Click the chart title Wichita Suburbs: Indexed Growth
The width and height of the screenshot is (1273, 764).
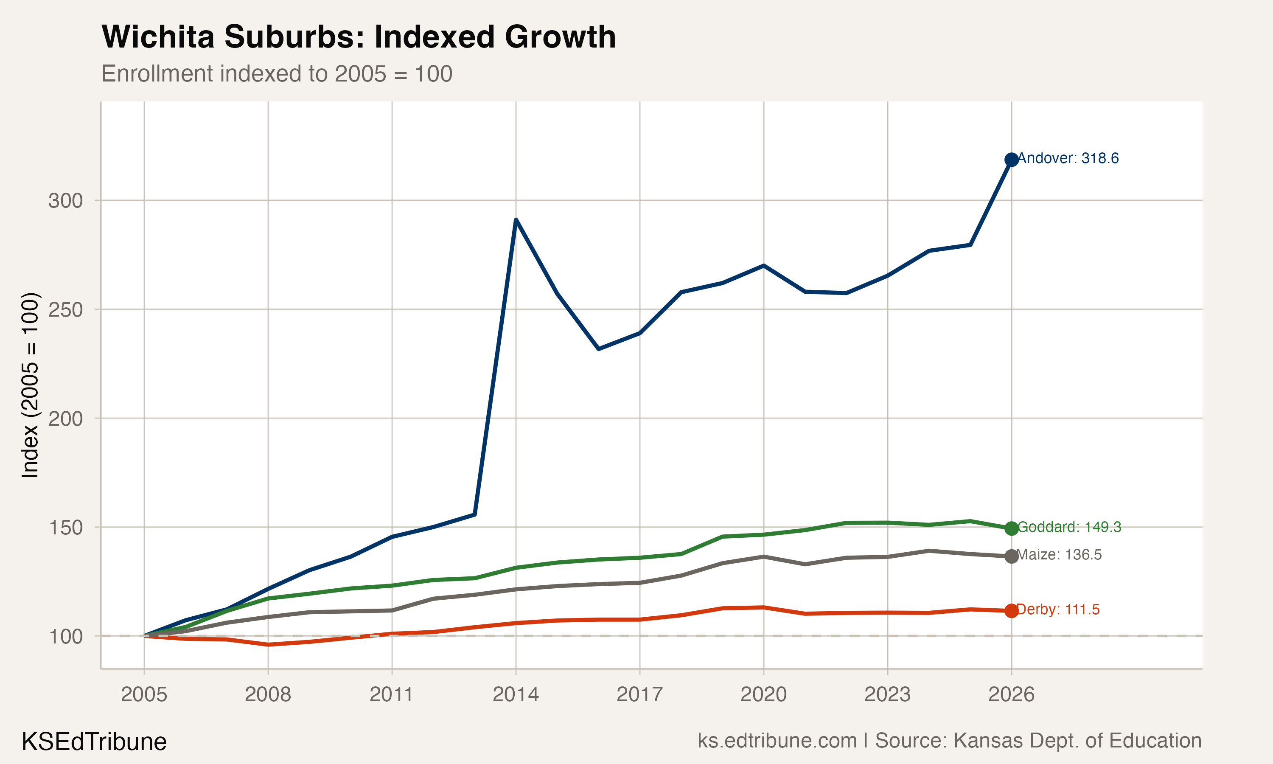click(x=359, y=37)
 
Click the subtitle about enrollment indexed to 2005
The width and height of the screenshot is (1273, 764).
click(x=277, y=73)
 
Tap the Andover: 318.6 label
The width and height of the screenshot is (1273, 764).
click(x=1068, y=158)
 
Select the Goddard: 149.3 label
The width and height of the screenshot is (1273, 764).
click(x=1069, y=527)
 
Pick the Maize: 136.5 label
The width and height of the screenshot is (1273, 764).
click(x=1060, y=555)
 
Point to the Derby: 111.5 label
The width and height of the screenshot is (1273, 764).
click(x=1058, y=610)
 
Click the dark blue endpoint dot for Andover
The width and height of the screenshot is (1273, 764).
click(x=1011, y=160)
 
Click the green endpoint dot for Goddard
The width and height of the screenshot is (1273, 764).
click(x=1011, y=528)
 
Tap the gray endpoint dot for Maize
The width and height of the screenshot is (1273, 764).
click(x=1011, y=556)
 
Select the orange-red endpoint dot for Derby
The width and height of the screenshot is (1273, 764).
click(x=1011, y=611)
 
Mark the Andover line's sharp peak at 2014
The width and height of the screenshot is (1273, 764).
click(x=516, y=220)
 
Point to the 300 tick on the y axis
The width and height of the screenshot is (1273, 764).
click(x=65, y=201)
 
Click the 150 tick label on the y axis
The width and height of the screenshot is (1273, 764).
click(x=65, y=528)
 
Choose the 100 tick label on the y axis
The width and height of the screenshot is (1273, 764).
click(x=65, y=637)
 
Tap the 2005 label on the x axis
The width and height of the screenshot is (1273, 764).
click(x=144, y=694)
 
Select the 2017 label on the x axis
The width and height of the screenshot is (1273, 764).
click(x=639, y=694)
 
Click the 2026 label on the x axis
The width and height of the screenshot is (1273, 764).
click(x=1011, y=694)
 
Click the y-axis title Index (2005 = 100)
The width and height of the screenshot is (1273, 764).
click(x=30, y=385)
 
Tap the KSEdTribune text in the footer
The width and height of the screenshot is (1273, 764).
click(x=94, y=742)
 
